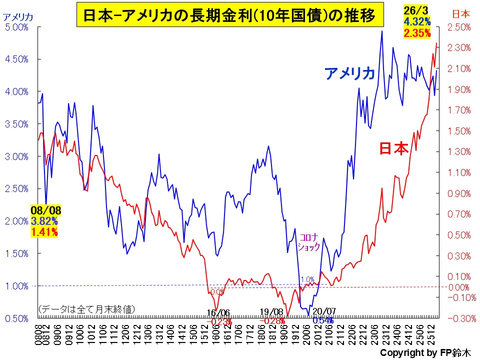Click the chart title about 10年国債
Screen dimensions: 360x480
(x=229, y=16)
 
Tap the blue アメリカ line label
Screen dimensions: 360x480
(x=349, y=73)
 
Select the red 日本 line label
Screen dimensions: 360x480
(x=394, y=148)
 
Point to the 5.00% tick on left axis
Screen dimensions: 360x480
(x=16, y=27)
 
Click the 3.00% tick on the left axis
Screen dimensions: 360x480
(x=16, y=156)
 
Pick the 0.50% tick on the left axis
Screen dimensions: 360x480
(x=16, y=318)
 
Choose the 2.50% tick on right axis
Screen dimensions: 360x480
(x=458, y=27)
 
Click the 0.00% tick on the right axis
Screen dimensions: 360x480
(x=458, y=287)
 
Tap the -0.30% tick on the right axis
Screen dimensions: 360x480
(x=459, y=318)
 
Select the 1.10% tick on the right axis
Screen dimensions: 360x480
(x=458, y=172)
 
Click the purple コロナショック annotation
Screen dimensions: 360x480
(x=308, y=241)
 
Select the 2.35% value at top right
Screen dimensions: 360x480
(x=415, y=33)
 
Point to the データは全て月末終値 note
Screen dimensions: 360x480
(x=86, y=309)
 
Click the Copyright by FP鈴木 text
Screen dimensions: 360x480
(x=425, y=352)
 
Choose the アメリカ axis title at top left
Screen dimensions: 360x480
(x=18, y=16)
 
